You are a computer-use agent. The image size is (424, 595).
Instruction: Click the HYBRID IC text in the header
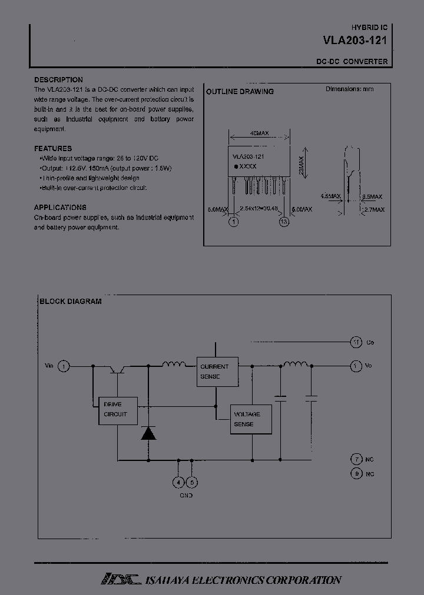point(369,28)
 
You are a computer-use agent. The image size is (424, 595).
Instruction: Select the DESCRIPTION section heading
point(58,79)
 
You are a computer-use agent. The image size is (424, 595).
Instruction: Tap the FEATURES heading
point(53,149)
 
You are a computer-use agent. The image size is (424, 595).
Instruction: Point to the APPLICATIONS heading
point(60,208)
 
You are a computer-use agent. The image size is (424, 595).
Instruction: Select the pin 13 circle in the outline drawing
point(284,222)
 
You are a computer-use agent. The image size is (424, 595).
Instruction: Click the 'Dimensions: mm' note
point(350,89)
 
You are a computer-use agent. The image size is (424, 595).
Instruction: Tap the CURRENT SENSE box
point(217,371)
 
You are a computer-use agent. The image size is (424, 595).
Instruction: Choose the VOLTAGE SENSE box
point(250,419)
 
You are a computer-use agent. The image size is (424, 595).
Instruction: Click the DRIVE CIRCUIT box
point(117,410)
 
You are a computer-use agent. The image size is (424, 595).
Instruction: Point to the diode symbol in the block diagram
point(147,433)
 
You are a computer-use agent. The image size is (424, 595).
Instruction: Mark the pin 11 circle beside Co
point(356,342)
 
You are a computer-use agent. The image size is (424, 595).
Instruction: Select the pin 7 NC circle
point(356,459)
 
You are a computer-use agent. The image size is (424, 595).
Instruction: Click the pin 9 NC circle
point(356,473)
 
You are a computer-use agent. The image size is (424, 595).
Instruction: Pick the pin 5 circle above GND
point(193,483)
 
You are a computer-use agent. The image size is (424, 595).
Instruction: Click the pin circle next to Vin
point(65,366)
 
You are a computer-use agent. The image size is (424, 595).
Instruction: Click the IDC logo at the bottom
point(120,580)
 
